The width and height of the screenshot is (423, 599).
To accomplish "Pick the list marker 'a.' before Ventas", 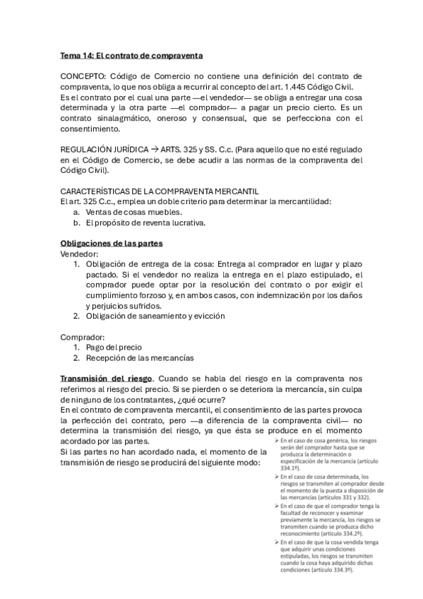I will (x=77, y=212).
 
